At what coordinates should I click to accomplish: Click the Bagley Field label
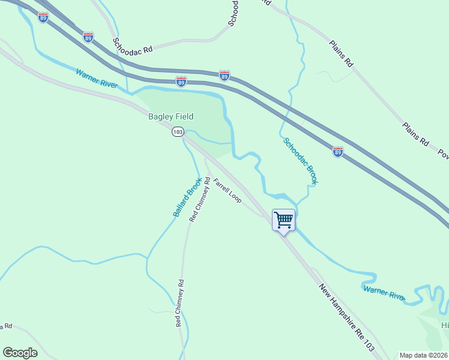[x=170, y=116]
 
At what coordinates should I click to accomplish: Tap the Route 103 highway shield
[x=177, y=131]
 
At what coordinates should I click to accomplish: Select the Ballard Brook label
[x=186, y=198]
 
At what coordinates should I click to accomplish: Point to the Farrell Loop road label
[x=228, y=190]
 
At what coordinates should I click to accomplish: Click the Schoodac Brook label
[x=300, y=161]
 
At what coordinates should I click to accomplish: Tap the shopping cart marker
[x=283, y=220]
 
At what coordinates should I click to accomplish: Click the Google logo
[x=20, y=353]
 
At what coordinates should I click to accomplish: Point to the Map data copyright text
[x=424, y=355]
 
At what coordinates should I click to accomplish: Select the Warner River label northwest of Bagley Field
[x=97, y=79]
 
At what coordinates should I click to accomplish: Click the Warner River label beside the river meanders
[x=384, y=293]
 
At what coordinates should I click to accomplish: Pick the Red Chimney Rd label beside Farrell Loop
[x=200, y=200]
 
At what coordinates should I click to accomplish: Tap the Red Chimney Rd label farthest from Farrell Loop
[x=179, y=302]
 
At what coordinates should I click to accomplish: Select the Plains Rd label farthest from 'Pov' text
[x=342, y=53]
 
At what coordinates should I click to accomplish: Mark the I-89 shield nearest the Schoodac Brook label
[x=338, y=152]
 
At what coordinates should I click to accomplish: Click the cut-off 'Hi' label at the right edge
[x=445, y=325]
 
